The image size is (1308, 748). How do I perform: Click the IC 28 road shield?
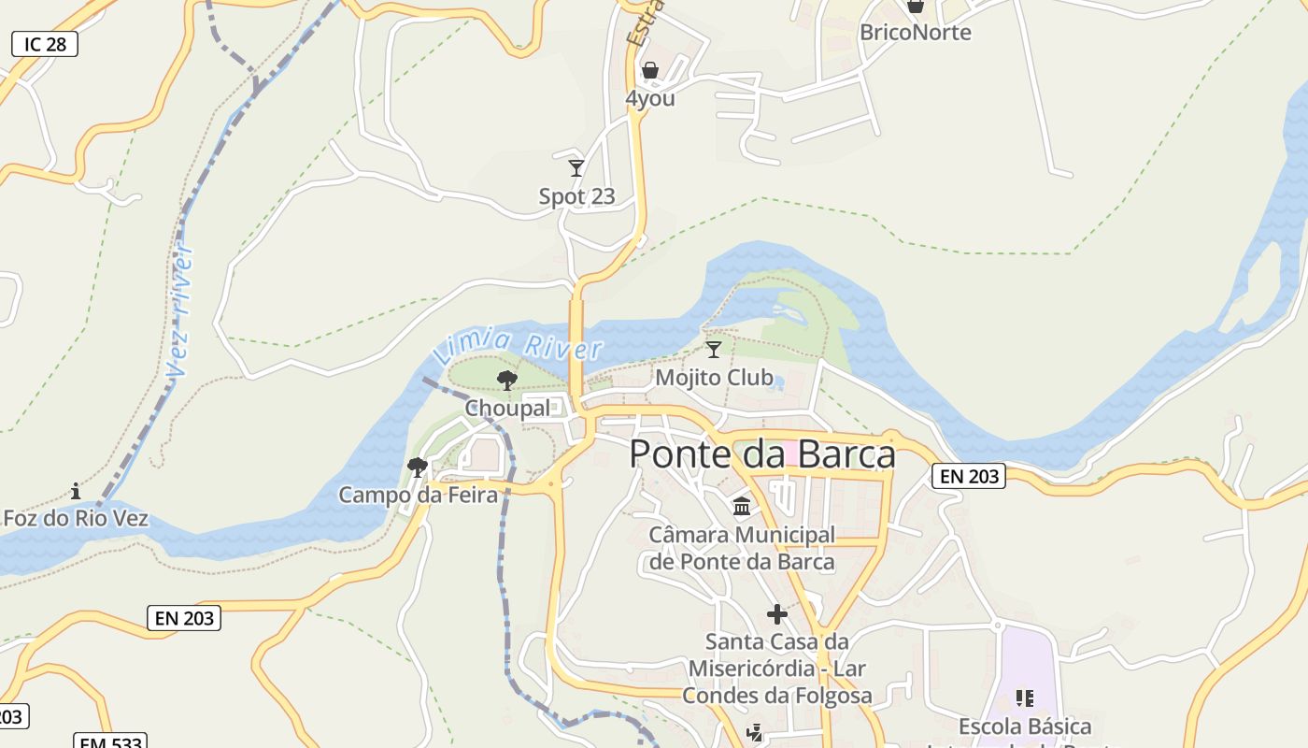pos(44,44)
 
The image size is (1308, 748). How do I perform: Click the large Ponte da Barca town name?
pos(761,454)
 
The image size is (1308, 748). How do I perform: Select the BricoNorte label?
pos(915,33)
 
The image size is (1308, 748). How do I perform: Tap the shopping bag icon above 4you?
pos(650,70)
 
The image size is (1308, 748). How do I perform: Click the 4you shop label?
pos(650,98)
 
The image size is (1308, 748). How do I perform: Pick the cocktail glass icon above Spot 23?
pos(576,168)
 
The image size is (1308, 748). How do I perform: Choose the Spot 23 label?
pos(576,196)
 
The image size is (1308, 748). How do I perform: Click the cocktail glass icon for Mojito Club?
pos(714,350)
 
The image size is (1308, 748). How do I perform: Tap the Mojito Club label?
pos(714,378)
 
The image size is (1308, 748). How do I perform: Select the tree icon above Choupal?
pos(507,380)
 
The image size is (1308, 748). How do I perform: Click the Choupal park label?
pos(507,409)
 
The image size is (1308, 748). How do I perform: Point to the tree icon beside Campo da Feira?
pos(418,467)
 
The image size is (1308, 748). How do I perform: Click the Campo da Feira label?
pos(418,495)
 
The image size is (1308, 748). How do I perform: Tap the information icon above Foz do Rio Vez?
pos(76,491)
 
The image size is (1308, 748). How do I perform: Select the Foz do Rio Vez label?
pos(76,518)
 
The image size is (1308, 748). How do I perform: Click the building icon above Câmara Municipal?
pos(742,507)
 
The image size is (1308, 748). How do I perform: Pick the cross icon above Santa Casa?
pos(776,614)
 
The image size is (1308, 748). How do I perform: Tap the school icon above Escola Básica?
pos(1024,698)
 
